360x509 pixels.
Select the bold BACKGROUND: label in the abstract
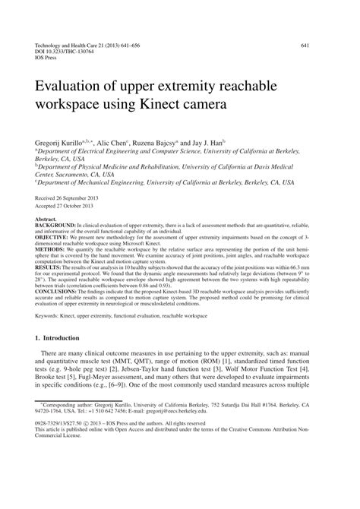pos(57,225)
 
